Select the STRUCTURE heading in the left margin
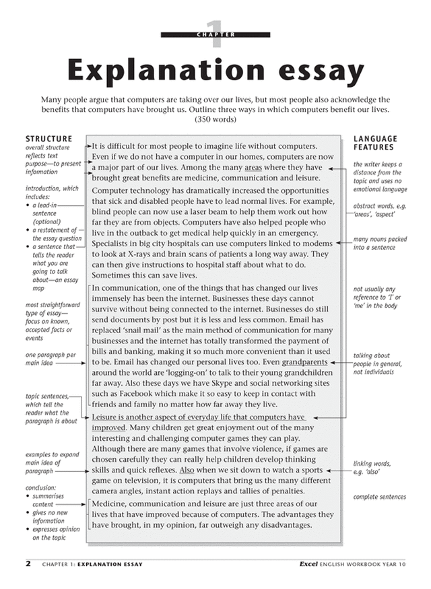48,139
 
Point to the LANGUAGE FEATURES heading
375,143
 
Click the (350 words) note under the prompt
215,119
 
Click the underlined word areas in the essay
253,168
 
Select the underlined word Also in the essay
187,470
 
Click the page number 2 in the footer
28,563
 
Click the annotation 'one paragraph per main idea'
51,359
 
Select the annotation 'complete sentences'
379,497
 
